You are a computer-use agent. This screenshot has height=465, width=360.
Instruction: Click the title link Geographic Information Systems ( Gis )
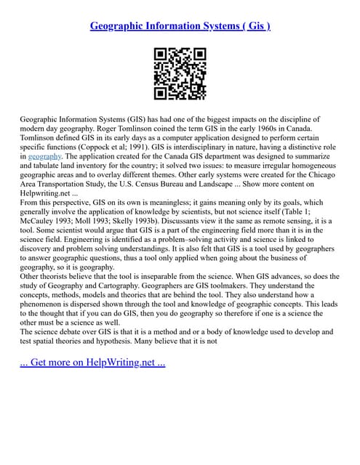(180, 26)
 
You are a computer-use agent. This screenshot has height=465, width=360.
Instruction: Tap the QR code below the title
(180, 73)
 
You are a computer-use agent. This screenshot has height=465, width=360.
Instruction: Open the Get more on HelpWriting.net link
(92, 361)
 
